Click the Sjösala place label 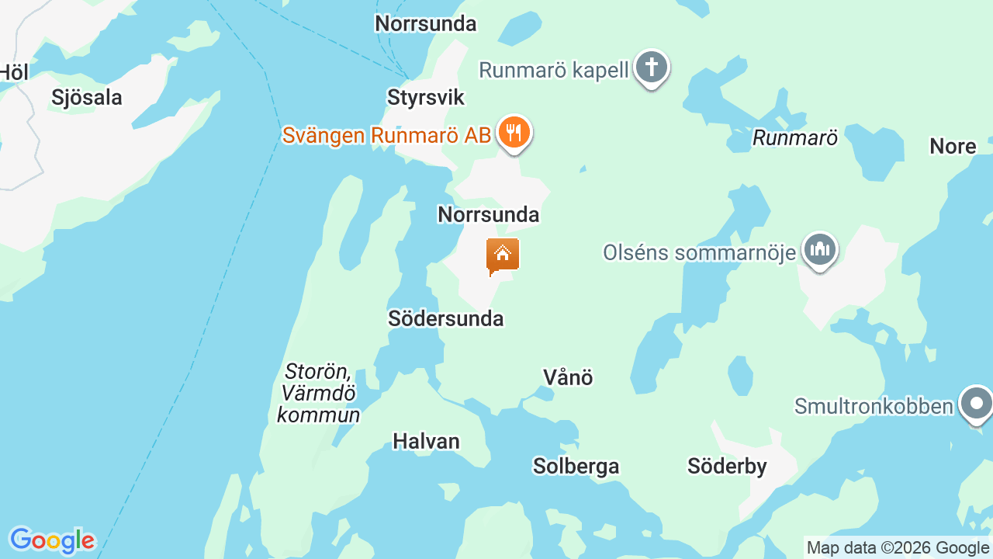(87, 98)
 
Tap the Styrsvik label (426, 98)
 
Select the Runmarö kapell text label (554, 70)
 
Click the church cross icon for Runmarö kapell (652, 68)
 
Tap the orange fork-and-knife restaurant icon (513, 133)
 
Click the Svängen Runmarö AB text (386, 135)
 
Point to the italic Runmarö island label (795, 138)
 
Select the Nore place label (953, 146)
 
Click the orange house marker (503, 255)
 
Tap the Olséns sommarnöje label (700, 252)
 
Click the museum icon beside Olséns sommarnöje (819, 250)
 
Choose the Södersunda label (446, 318)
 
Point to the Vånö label (568, 377)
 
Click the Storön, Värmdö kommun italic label (319, 393)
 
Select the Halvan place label (427, 442)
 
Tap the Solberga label (576, 466)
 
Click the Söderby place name (727, 466)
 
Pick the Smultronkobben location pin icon (976, 404)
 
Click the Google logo (52, 540)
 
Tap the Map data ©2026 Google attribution (898, 548)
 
